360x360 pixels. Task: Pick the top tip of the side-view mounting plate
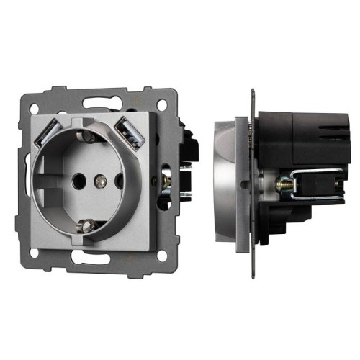click(x=253, y=92)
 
